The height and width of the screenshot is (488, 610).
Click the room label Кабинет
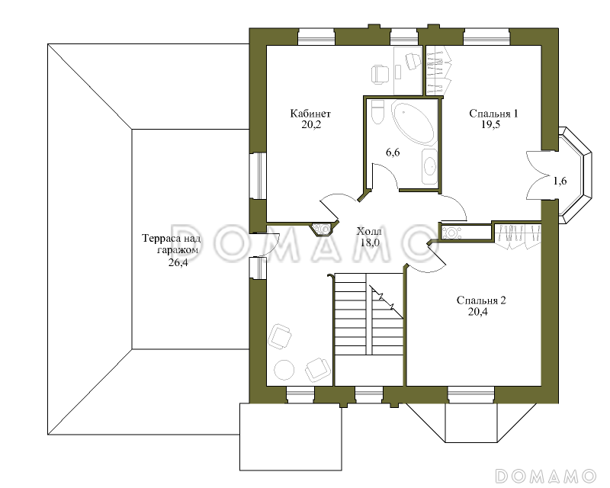tap(310, 114)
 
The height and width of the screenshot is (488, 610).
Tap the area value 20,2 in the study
tap(311, 124)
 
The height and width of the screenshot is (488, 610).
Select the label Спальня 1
tap(493, 114)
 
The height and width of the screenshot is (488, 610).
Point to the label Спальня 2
tap(481, 300)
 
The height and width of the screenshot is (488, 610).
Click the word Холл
tap(369, 232)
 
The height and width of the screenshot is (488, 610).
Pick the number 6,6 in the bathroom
tap(393, 152)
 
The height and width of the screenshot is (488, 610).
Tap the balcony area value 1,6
tap(560, 181)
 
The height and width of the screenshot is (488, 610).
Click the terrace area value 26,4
tap(178, 262)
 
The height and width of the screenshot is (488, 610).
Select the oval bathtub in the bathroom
tap(413, 122)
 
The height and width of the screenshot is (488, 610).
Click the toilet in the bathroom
tap(377, 112)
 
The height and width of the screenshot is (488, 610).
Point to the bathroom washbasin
tap(429, 166)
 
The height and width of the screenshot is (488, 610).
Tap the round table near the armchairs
tap(284, 369)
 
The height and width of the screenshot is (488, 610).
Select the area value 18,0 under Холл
tap(370, 242)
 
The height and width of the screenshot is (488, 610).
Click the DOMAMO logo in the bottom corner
tap(545, 476)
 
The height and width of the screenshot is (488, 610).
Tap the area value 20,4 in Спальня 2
tap(478, 312)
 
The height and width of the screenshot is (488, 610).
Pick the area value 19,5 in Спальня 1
tap(490, 124)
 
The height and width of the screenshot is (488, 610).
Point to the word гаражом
tap(178, 250)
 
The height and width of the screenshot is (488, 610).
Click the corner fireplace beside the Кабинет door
tap(322, 229)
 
